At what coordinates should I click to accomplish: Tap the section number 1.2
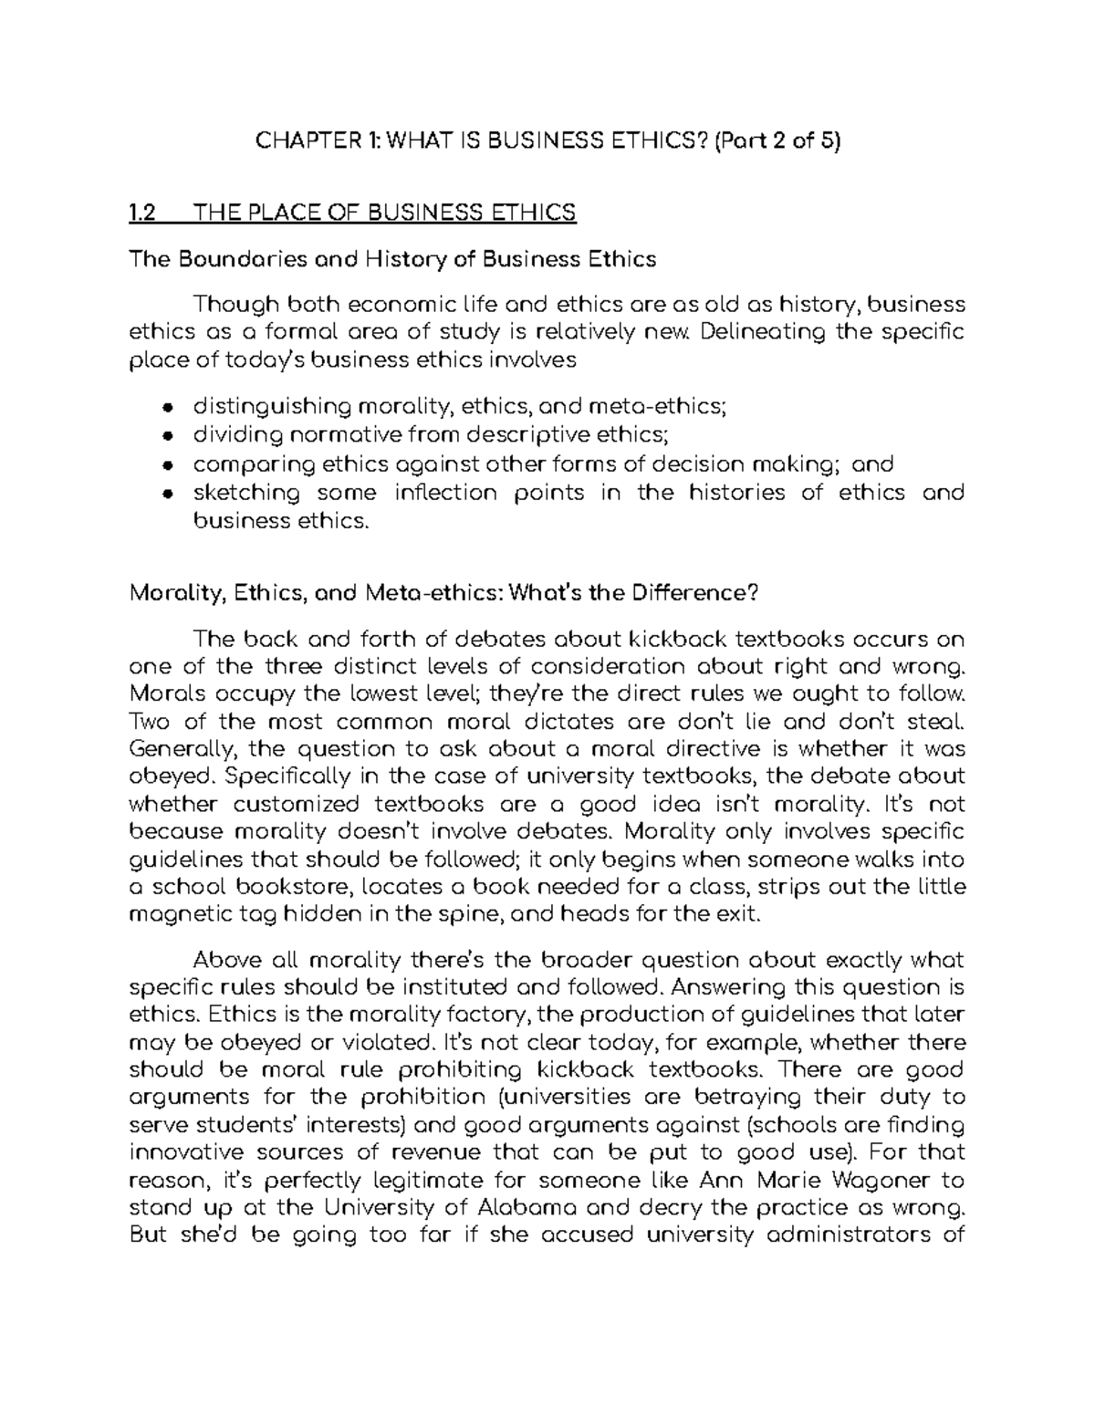click(x=143, y=214)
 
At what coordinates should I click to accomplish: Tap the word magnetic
click(x=182, y=915)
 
